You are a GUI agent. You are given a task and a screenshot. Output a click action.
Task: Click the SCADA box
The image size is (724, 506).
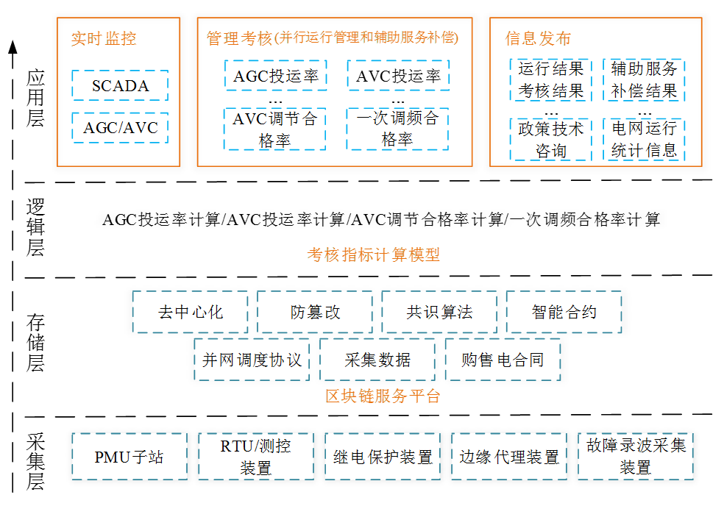point(120,85)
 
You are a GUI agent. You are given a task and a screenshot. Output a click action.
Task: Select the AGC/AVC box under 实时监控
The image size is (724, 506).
point(120,127)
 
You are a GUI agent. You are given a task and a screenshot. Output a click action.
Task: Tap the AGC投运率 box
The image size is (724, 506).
point(276,75)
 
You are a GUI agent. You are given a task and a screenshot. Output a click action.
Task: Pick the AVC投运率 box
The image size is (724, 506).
point(398,75)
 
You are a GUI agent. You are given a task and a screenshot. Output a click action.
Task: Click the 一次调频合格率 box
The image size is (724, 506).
point(397,129)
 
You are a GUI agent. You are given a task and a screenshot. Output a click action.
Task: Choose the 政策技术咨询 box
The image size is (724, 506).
point(551,140)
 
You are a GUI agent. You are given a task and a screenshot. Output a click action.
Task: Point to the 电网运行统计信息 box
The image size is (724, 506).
point(644,140)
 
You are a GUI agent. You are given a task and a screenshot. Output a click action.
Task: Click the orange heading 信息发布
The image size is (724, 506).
point(538,38)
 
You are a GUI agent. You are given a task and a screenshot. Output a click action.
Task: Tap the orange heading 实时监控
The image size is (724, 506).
point(104,38)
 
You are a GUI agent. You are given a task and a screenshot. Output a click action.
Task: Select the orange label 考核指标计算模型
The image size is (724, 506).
point(374,254)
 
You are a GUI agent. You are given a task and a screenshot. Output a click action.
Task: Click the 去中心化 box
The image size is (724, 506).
point(191,312)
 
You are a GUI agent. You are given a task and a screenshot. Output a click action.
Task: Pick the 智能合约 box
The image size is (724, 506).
point(564,312)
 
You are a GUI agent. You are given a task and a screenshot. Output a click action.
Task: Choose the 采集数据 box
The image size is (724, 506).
point(377,360)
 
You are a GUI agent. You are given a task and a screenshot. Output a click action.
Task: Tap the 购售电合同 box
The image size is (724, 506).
point(503,360)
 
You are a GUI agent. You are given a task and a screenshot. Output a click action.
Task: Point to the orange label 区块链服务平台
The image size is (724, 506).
point(383,396)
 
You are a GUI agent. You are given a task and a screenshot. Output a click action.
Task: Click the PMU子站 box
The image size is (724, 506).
point(129,457)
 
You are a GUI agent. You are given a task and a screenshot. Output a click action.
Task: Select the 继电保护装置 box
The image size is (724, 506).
point(383,457)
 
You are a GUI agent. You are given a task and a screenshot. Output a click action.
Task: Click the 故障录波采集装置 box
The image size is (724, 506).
point(636,457)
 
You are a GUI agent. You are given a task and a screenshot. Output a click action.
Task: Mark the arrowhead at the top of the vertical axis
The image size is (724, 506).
point(13,41)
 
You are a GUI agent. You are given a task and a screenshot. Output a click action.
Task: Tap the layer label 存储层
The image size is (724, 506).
point(35,343)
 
